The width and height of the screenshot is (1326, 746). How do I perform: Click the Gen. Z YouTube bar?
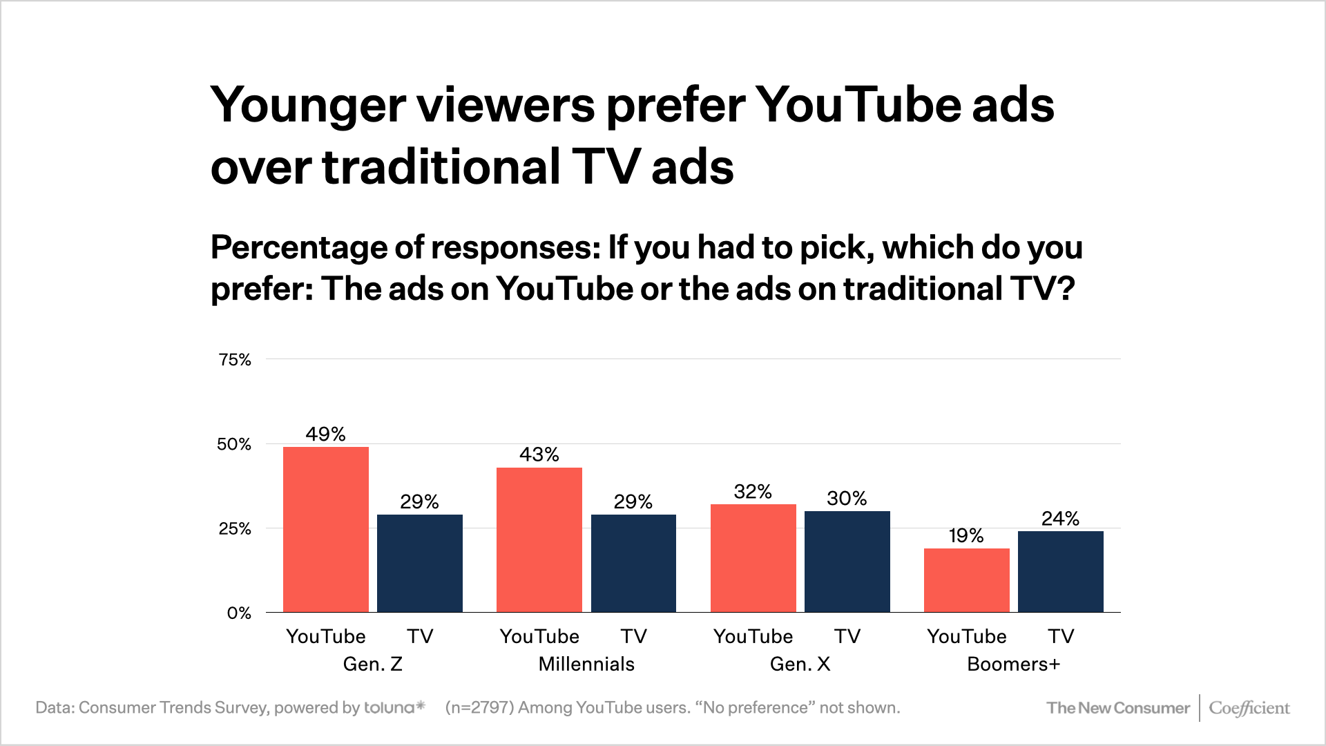(325, 529)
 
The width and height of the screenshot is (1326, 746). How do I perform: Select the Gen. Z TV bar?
(419, 563)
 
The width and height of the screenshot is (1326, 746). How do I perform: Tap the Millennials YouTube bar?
(539, 539)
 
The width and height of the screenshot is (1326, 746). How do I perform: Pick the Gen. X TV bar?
(847, 561)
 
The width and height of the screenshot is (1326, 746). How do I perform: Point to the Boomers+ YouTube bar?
(966, 580)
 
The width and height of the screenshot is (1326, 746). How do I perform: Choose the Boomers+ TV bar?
(1060, 571)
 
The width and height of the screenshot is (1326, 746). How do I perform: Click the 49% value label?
(325, 434)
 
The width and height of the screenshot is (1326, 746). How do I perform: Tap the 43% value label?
(539, 455)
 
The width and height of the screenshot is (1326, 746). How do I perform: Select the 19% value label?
(966, 536)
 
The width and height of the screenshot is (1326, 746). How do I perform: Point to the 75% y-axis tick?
(235, 360)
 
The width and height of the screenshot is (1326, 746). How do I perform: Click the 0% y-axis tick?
(239, 613)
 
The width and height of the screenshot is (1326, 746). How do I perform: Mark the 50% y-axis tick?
(234, 445)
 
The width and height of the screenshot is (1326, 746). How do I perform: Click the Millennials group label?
(586, 664)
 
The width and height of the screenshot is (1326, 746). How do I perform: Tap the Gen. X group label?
(800, 664)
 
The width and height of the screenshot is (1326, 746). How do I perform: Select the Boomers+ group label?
(1013, 664)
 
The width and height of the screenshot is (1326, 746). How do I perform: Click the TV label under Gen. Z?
(420, 636)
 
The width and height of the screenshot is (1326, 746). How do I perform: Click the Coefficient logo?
(1249, 708)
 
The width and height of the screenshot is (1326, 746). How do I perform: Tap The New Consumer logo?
(1118, 708)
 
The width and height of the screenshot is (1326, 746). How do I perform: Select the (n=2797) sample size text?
(479, 708)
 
